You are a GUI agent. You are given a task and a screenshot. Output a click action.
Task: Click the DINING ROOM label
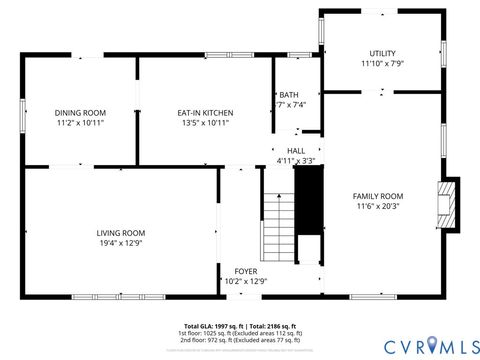tap(80, 112)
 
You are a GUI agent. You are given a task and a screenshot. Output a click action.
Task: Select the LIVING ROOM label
tap(120, 232)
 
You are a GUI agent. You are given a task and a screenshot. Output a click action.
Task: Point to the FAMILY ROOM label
tap(378, 195)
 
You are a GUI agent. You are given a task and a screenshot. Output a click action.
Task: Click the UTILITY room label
tap(382, 53)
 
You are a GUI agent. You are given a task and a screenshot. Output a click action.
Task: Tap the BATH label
tap(289, 94)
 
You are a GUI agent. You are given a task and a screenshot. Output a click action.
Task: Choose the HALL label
tap(296, 150)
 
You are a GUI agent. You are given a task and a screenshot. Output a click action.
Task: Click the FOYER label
tap(246, 271)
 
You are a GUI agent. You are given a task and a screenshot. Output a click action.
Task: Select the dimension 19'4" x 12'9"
tap(120, 242)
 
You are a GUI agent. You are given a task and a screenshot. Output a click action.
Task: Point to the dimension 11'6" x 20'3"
tap(378, 206)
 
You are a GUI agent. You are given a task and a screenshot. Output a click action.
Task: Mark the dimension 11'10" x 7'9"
tap(382, 63)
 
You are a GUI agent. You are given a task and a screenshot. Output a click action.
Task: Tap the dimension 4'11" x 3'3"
tap(296, 160)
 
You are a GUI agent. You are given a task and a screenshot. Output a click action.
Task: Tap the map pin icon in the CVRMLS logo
tap(431, 345)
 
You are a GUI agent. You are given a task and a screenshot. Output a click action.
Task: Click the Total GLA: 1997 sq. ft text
tap(212, 325)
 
